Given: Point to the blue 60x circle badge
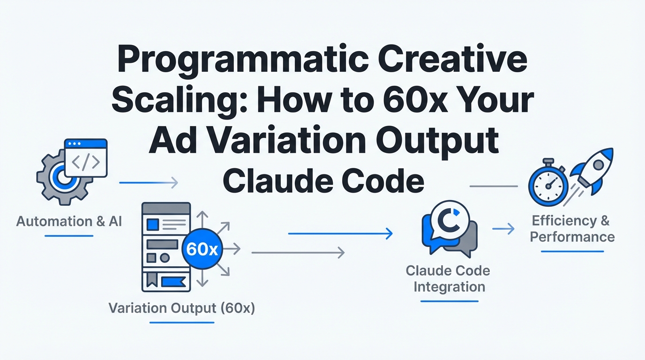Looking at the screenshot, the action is pos(202,249).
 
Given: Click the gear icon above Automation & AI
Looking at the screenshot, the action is pos(63,179).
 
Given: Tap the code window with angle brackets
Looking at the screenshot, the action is pos(86,158).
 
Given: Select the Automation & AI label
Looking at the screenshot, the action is pos(69,221).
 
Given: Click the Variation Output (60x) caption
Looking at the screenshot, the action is pos(182,308).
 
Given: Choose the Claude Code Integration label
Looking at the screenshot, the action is pos(448,279).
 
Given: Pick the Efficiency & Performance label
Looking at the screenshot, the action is pos(572,229).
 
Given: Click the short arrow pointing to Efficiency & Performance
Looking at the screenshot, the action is pos(503,229).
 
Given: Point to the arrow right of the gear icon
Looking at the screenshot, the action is pos(149,183).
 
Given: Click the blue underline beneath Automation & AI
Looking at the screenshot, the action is pos(69,236).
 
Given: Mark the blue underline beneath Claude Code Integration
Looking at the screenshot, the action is pos(450,301).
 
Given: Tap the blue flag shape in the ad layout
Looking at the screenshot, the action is pos(173,282).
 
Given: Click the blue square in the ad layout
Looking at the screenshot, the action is pos(153,225).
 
